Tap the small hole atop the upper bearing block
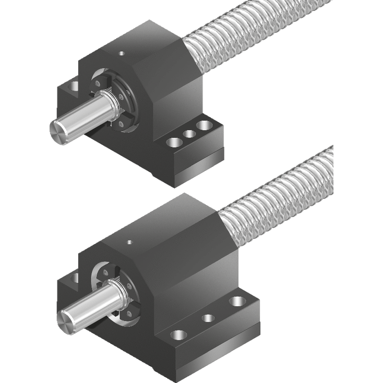click(x=122, y=52)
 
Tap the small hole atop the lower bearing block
click(x=129, y=241)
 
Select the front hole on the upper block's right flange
click(x=174, y=142)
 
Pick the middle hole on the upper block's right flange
click(x=189, y=134)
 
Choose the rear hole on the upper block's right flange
click(x=205, y=126)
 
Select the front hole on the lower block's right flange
click(x=178, y=334)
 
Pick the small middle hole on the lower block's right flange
click(x=208, y=318)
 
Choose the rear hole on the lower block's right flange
click(x=237, y=301)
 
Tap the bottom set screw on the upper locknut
click(x=121, y=124)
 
